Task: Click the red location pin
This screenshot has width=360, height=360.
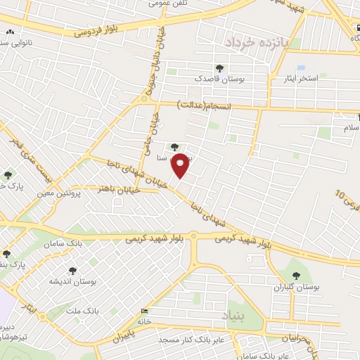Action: [181, 165]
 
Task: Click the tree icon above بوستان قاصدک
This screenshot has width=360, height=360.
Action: [220, 68]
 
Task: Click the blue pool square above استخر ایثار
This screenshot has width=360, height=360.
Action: [301, 67]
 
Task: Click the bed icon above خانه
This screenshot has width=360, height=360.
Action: [145, 311]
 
